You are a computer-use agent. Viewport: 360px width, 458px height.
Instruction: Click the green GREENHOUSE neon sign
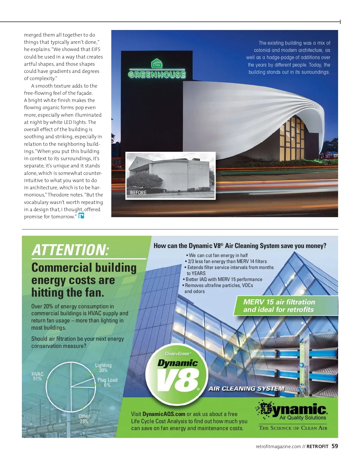157,74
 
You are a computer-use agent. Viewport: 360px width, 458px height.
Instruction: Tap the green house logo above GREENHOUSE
157,64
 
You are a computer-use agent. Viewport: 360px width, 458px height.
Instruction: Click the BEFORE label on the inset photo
138,193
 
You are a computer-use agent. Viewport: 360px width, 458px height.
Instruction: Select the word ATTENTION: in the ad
70,250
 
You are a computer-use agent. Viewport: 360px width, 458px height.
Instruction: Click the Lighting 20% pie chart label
103,368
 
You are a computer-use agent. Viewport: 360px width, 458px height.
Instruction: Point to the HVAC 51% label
37,376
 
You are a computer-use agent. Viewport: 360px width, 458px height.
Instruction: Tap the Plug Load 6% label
107,382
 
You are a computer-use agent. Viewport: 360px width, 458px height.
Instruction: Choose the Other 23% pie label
84,419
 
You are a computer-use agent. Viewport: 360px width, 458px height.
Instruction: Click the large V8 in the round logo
178,380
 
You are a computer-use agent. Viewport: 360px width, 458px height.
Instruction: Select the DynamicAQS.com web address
164,414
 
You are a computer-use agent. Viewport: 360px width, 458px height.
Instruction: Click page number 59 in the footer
335,446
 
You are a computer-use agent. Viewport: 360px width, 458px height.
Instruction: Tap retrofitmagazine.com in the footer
278,447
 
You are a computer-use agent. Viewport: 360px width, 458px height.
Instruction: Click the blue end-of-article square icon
81,216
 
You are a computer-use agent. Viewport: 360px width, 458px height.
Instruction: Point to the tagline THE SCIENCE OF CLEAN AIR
293,428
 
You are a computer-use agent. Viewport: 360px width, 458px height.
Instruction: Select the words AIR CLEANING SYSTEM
246,388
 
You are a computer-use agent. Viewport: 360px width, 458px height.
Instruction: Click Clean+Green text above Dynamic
178,354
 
